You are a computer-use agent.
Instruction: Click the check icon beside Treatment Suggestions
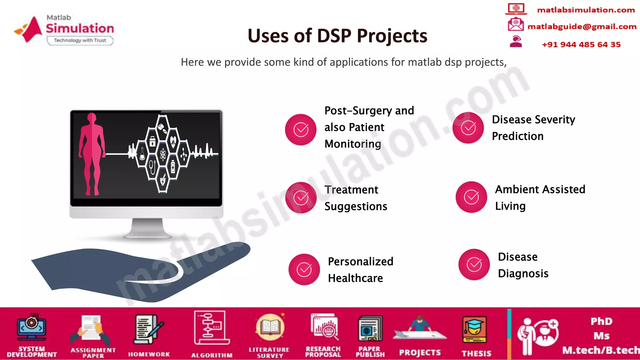point(301,197)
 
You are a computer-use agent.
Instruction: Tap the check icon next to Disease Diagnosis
point(474,264)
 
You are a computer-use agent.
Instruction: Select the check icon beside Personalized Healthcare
point(304,269)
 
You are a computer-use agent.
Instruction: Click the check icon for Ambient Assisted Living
point(471,197)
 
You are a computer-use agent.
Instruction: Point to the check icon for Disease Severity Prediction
point(468,127)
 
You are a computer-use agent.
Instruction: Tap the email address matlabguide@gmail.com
point(582,27)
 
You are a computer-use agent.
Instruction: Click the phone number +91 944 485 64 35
point(581,44)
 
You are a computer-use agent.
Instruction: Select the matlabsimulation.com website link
point(586,10)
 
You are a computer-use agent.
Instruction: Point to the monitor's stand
point(147,228)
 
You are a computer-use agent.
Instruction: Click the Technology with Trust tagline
point(80,40)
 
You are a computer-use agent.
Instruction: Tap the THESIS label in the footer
point(477,353)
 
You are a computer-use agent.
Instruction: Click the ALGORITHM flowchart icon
point(212,328)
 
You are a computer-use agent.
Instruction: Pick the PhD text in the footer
point(601,321)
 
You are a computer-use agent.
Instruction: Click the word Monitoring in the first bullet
point(353,144)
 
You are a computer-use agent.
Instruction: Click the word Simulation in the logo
point(80,28)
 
